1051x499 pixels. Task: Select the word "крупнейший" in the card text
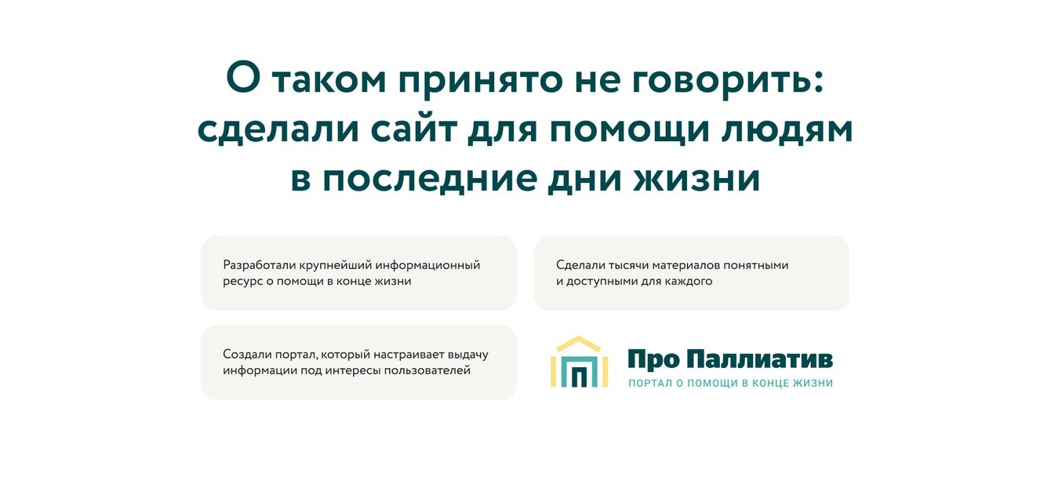(333, 265)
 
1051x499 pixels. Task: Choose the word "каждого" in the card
(689, 281)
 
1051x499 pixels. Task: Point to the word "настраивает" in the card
(407, 355)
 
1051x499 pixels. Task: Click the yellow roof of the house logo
(579, 343)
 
